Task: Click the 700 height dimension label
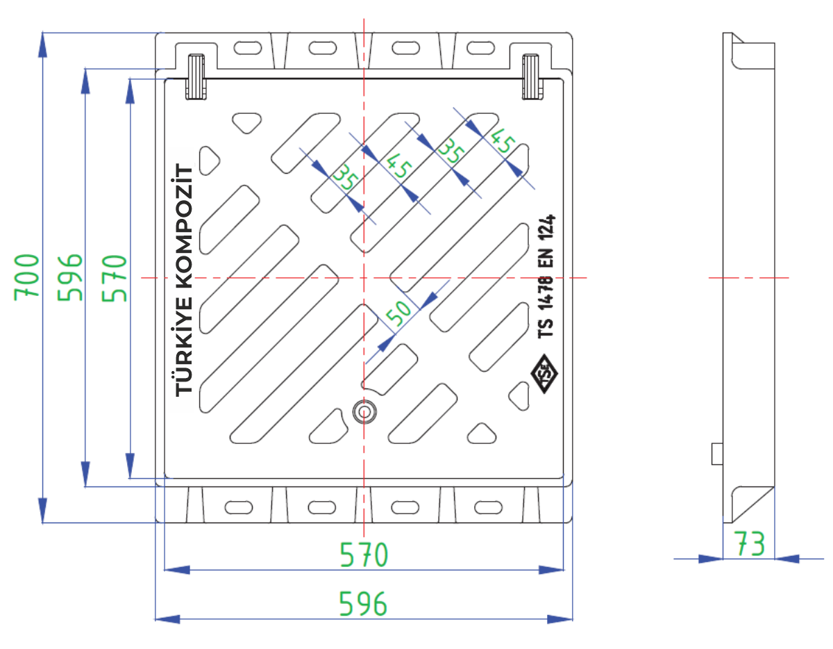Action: pyautogui.click(x=26, y=277)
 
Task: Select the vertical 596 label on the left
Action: pyautogui.click(x=69, y=277)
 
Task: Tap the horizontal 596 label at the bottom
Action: pyautogui.click(x=362, y=603)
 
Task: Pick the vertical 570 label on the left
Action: pyautogui.click(x=115, y=278)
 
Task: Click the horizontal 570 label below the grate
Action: pyautogui.click(x=364, y=554)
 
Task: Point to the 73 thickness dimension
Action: pyautogui.click(x=750, y=543)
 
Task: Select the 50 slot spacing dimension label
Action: pyautogui.click(x=398, y=313)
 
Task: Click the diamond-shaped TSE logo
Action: pyautogui.click(x=544, y=374)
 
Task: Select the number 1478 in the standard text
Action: pyautogui.click(x=546, y=293)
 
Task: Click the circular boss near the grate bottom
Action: pyautogui.click(x=364, y=412)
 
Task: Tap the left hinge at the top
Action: pyautogui.click(x=196, y=77)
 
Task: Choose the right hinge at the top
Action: pyautogui.click(x=532, y=77)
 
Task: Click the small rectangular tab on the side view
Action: pyautogui.click(x=717, y=454)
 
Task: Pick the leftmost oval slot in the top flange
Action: pyautogui.click(x=248, y=49)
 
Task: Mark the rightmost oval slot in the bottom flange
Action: pyautogui.click(x=489, y=507)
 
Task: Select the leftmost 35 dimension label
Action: pyautogui.click(x=346, y=176)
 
